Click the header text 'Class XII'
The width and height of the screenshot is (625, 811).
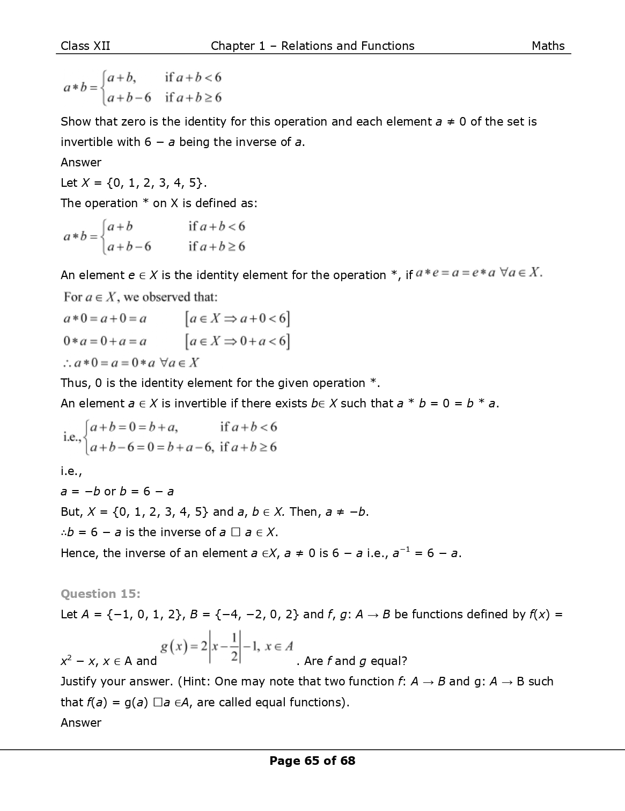pyautogui.click(x=85, y=46)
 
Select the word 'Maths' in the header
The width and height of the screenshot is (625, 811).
pyautogui.click(x=548, y=46)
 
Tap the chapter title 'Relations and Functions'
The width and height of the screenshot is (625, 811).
pyautogui.click(x=348, y=46)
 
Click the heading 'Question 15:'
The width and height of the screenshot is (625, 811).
pyautogui.click(x=100, y=594)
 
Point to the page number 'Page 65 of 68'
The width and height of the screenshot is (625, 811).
pyautogui.click(x=312, y=761)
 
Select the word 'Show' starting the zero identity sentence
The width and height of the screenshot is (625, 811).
pyautogui.click(x=76, y=122)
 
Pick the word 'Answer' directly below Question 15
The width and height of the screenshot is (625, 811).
pyautogui.click(x=81, y=722)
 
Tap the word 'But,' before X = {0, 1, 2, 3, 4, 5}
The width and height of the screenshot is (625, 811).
pyautogui.click(x=71, y=512)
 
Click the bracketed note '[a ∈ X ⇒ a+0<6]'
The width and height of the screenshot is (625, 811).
pyautogui.click(x=237, y=319)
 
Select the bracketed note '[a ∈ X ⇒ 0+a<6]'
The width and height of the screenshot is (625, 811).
pyautogui.click(x=237, y=341)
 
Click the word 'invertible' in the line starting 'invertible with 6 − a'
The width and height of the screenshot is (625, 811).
pyautogui.click(x=85, y=142)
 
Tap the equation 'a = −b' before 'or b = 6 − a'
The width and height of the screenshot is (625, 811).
pyautogui.click(x=80, y=492)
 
